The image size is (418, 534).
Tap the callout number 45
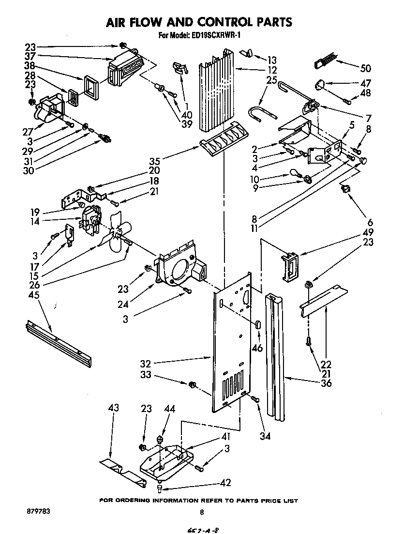(34, 295)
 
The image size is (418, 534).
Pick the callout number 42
(225, 482)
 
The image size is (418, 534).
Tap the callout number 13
(272, 60)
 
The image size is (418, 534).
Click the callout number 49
(369, 232)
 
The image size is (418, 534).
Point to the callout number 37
(30, 57)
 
